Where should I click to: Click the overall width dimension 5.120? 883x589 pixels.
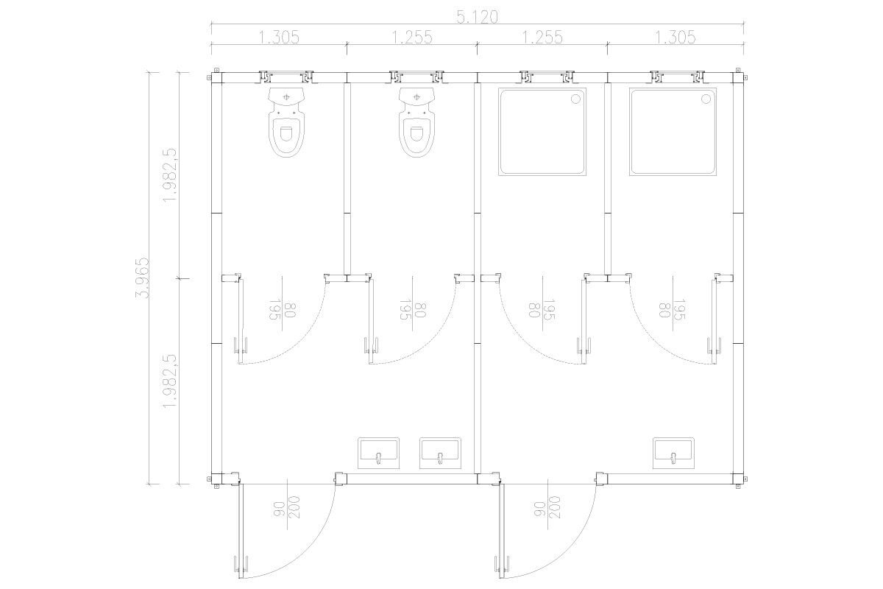pyautogui.click(x=477, y=17)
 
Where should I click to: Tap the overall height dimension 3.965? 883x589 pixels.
pyautogui.click(x=142, y=278)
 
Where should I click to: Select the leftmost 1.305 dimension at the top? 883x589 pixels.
pyautogui.click(x=279, y=38)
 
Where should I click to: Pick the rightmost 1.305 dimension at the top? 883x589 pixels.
pyautogui.click(x=675, y=38)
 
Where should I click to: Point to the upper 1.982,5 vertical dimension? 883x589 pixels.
pyautogui.click(x=170, y=175)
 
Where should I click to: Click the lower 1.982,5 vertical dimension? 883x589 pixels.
pyautogui.click(x=170, y=381)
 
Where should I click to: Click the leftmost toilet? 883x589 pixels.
pyautogui.click(x=286, y=122)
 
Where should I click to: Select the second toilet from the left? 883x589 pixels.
pyautogui.click(x=416, y=122)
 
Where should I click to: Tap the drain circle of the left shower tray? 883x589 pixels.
pyautogui.click(x=575, y=99)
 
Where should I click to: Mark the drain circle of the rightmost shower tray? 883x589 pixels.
pyautogui.click(x=706, y=99)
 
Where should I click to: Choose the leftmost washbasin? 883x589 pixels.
pyautogui.click(x=378, y=453)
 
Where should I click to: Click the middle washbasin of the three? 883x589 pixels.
pyautogui.click(x=440, y=453)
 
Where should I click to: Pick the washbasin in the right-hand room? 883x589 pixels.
pyautogui.click(x=673, y=453)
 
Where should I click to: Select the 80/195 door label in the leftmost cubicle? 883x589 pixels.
pyautogui.click(x=282, y=310)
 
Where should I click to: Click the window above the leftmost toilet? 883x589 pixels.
pyautogui.click(x=286, y=77)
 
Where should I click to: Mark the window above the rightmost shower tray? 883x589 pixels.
pyautogui.click(x=678, y=77)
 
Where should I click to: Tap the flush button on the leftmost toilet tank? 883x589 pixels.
pyautogui.click(x=286, y=96)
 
